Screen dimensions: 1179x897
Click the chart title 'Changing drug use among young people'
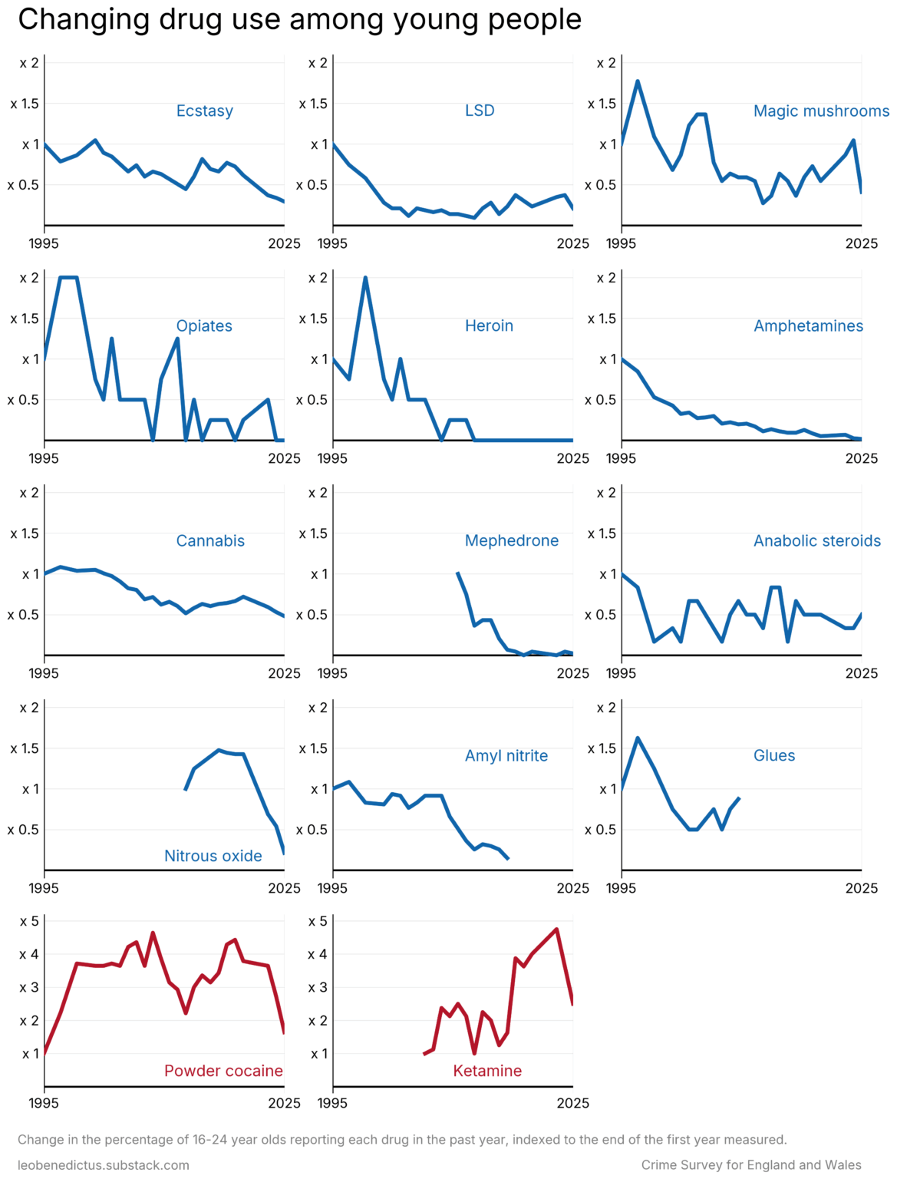click(299, 20)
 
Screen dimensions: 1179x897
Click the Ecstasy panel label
click(204, 111)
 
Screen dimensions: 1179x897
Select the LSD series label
click(480, 111)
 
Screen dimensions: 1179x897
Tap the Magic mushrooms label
click(821, 111)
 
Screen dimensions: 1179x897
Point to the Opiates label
click(204, 325)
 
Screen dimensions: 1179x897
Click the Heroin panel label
click(489, 325)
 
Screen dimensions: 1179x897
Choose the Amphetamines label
click(808, 325)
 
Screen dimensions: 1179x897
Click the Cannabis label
click(210, 540)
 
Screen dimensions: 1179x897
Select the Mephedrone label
click(512, 540)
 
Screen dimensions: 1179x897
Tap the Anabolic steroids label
click(817, 540)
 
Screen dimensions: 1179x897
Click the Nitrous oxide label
click(213, 856)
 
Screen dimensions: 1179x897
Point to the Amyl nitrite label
click(506, 755)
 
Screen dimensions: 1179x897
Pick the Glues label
click(774, 755)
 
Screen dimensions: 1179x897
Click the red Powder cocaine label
click(223, 1071)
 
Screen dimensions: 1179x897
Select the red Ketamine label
click(487, 1071)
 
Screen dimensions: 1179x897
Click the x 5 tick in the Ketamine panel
click(318, 921)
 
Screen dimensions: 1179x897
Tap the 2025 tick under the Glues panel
click(861, 888)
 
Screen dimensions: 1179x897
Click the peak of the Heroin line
click(365, 278)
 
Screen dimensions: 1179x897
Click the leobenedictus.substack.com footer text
click(104, 1165)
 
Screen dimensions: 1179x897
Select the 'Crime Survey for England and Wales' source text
click(751, 1165)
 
